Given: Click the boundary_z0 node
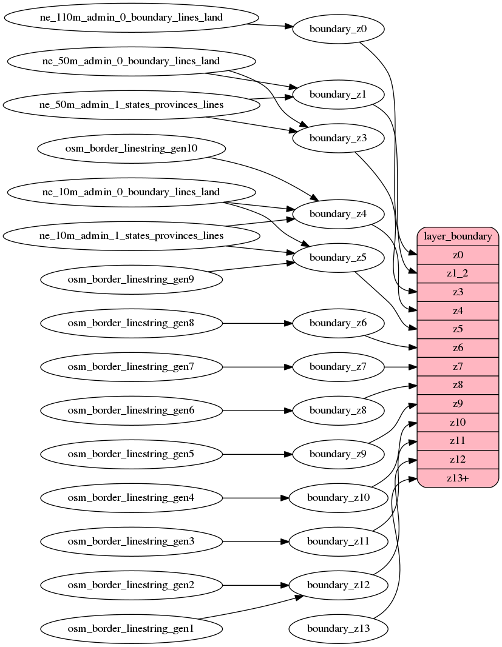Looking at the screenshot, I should click(x=338, y=28).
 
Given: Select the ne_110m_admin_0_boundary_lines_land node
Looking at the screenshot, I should click(x=131, y=18).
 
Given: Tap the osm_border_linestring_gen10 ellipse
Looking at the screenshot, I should click(x=132, y=149).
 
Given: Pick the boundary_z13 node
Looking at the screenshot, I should click(x=338, y=629).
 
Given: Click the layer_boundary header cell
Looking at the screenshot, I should click(x=458, y=236).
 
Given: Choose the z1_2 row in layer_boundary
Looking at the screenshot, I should click(x=458, y=273).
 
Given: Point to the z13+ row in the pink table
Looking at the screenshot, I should click(x=458, y=478).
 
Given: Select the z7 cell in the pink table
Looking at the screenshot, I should click(x=458, y=367).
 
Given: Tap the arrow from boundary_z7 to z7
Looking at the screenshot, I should click(x=401, y=367).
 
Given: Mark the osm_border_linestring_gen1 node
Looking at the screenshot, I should click(x=131, y=629).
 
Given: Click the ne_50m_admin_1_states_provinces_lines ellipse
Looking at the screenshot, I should click(x=131, y=105).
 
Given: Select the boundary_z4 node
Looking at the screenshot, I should click(x=338, y=214).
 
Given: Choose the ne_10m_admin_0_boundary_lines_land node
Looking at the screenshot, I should click(x=131, y=192).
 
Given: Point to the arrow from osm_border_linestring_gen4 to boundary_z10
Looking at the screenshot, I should click(x=255, y=498).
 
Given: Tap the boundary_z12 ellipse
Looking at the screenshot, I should click(x=338, y=585).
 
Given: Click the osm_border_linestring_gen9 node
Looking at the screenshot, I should click(x=131, y=280).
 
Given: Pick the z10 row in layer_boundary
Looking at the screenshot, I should click(x=458, y=422).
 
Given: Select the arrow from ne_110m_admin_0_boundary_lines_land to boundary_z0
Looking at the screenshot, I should click(x=270, y=25).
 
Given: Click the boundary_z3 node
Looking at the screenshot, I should click(x=338, y=138).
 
